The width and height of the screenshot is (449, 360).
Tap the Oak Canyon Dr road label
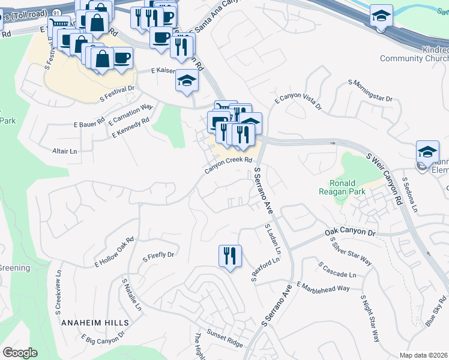[x=349, y=231]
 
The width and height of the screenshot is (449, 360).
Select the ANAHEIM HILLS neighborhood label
[x=92, y=322]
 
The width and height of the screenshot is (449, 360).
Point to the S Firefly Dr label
[x=158, y=256]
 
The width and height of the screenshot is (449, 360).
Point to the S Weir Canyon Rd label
[x=384, y=179]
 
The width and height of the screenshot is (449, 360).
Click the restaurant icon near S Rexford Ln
[x=230, y=256]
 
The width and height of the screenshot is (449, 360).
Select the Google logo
[x=20, y=353]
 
